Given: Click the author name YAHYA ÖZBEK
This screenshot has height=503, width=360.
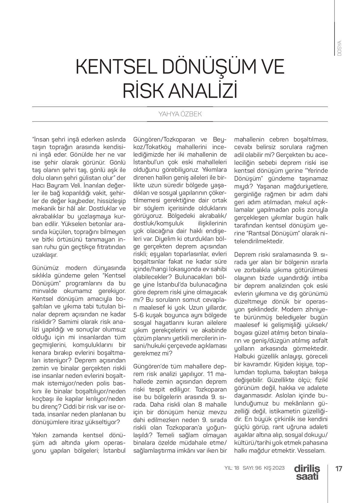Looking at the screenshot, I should pyautogui.click(x=180, y=114).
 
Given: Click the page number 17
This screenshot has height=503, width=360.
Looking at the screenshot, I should pyautogui.click(x=339, y=468).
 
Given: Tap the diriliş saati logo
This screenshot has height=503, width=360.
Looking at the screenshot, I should pyautogui.click(x=307, y=472).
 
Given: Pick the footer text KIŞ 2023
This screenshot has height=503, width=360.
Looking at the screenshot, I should pyautogui.click(x=274, y=468).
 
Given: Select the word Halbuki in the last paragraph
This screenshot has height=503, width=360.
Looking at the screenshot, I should pyautogui.click(x=245, y=357).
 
